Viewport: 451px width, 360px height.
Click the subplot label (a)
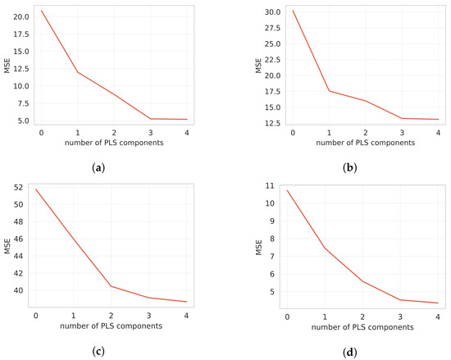coord(98,167)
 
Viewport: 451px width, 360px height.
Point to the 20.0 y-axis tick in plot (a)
coord(22,16)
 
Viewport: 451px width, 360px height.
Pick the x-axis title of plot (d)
coord(362,326)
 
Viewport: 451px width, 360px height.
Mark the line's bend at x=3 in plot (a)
coord(150,119)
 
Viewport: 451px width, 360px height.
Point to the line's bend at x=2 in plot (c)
coord(111,286)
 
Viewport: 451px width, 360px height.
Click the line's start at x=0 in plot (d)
coord(286,190)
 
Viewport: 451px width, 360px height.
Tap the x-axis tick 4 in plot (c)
coord(185,316)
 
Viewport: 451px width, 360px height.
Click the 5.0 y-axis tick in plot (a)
coord(25,120)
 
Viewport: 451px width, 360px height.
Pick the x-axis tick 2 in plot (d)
coord(362,316)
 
